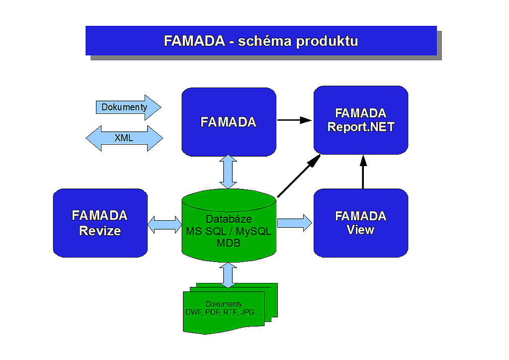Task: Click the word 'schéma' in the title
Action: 264,41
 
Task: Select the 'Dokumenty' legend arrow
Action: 129,107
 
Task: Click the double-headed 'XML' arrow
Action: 124,138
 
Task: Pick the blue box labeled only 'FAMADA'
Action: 229,122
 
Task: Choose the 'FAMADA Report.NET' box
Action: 361,120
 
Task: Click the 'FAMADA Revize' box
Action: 100,223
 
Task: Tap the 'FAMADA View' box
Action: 361,223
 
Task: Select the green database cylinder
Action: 229,225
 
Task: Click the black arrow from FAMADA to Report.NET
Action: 294,120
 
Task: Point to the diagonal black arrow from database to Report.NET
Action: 299,176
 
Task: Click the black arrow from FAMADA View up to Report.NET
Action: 363,172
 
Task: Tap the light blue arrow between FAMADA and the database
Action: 228,172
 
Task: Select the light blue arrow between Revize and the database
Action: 165,225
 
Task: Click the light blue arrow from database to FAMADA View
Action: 295,223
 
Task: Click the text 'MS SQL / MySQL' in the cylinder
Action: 229,231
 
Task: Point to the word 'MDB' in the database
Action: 229,243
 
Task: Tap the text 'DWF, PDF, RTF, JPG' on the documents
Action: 220,312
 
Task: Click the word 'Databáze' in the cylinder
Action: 229,219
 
